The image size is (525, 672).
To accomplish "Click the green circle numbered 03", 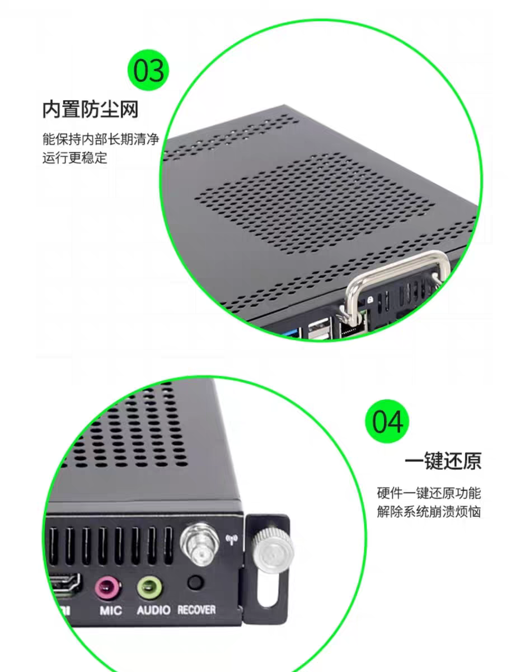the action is [x=148, y=70].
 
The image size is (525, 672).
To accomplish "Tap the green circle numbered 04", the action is [x=387, y=421].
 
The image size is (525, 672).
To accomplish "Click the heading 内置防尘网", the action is [x=90, y=109].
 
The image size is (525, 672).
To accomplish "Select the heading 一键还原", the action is [x=443, y=461].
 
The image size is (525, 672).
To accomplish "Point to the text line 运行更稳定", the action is [x=75, y=158].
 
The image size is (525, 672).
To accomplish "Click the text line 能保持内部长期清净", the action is [x=101, y=139].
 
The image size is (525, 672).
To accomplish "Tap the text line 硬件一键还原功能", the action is [x=429, y=493].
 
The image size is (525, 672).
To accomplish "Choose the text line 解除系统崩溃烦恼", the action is [x=429, y=511].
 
